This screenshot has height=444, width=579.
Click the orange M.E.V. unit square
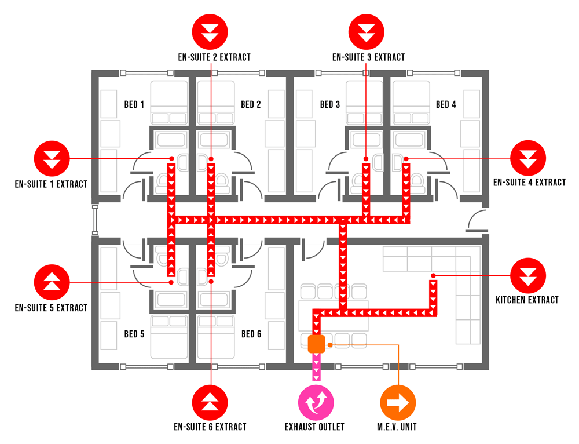tap(316, 344)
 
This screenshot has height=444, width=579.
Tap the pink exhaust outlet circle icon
tap(316, 402)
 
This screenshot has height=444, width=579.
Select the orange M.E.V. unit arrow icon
tap(398, 402)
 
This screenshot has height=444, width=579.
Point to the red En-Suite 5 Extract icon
tap(52, 282)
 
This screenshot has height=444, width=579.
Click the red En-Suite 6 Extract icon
tap(211, 402)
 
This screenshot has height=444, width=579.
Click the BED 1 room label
tap(134, 105)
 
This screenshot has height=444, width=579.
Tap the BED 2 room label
tap(251, 105)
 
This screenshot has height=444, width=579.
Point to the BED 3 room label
tap(330, 105)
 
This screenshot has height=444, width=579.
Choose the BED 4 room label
tap(446, 105)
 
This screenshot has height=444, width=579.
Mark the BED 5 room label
tap(134, 334)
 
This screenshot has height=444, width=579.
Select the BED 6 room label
tap(251, 334)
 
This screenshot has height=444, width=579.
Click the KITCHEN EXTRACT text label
tap(527, 300)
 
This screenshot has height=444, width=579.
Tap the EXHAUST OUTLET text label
tap(314, 427)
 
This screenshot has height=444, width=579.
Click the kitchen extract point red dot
tap(433, 275)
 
